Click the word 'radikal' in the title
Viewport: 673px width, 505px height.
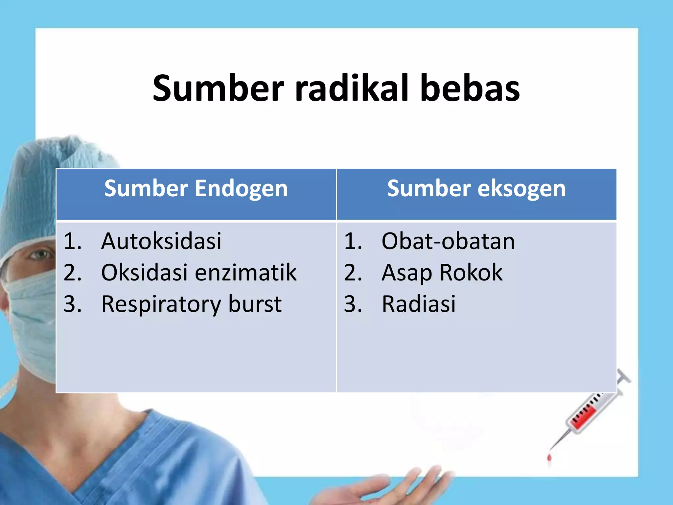(x=352, y=88)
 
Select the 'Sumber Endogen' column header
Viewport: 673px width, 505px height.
(x=196, y=189)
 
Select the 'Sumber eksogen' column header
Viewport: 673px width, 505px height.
(x=476, y=189)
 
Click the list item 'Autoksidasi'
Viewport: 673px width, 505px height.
(x=161, y=241)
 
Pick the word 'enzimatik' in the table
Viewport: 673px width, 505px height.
(x=246, y=272)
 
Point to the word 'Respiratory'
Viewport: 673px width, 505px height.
(x=161, y=304)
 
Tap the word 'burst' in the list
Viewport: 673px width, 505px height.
(x=255, y=304)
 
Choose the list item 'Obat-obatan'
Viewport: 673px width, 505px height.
(x=448, y=241)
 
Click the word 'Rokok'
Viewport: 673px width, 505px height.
(x=471, y=272)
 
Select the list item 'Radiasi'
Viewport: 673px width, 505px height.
(x=419, y=304)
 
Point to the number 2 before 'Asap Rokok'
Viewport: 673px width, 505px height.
(x=352, y=273)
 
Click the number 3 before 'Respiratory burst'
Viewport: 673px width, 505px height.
(x=72, y=304)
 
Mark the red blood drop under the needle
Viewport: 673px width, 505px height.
(x=549, y=458)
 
